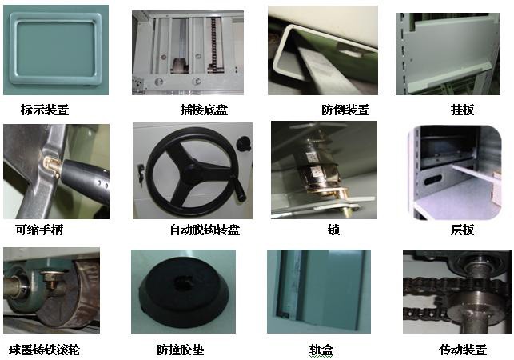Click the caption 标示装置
click(45, 110)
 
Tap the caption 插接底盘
click(204, 110)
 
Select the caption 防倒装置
click(345, 110)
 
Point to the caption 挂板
click(463, 110)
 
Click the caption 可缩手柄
click(39, 230)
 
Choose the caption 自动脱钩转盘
click(205, 230)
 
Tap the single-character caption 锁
click(333, 230)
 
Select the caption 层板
click(463, 230)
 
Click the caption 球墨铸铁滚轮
click(44, 350)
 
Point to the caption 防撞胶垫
click(181, 350)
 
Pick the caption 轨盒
click(321, 350)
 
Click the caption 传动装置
click(463, 350)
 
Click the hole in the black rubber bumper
click(182, 282)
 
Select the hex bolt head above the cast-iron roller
click(50, 278)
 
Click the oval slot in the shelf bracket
click(432, 179)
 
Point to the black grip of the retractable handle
click(86, 179)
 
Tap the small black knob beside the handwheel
click(245, 143)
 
